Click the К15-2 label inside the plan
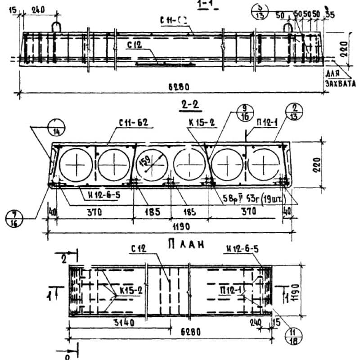coord(131,291)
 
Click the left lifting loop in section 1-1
coord(56,27)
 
